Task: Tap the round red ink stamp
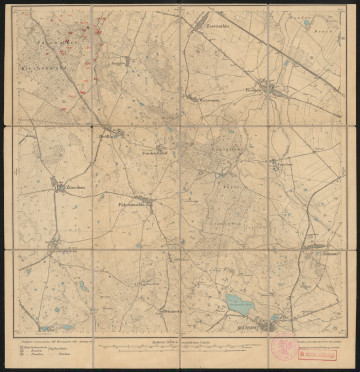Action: [x=285, y=348]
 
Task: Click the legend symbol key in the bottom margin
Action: [x=31, y=350]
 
